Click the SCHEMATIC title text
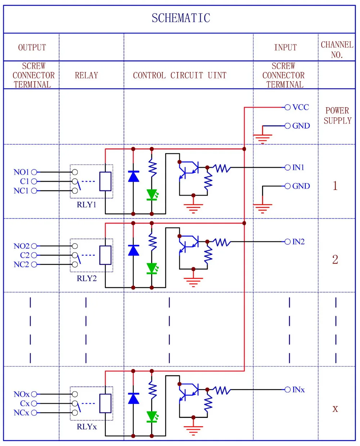point(181,18)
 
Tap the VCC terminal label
point(301,107)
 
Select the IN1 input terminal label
point(298,167)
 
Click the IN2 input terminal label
point(298,242)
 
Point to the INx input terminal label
point(298,389)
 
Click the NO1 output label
point(21,172)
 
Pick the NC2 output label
point(21,265)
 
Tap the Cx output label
point(24,404)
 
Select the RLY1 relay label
point(87,204)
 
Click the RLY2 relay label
point(87,278)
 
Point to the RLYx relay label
point(87,427)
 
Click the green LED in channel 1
point(152,194)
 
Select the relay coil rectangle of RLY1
point(105,181)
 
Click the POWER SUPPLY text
point(337,116)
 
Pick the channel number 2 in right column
point(335,260)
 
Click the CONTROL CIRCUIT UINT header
point(180,75)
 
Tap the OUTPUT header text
point(32,48)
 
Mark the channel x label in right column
point(335,409)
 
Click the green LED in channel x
point(152,416)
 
